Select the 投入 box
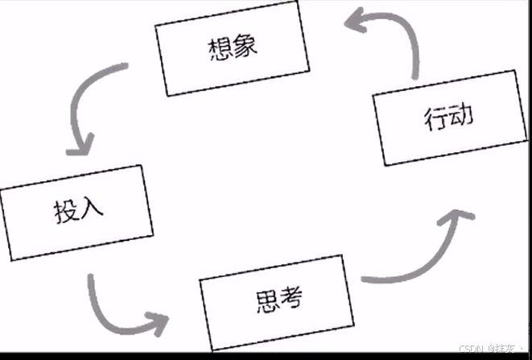[x=78, y=212]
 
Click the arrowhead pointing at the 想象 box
[x=354, y=23]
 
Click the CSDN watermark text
[x=491, y=349]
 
